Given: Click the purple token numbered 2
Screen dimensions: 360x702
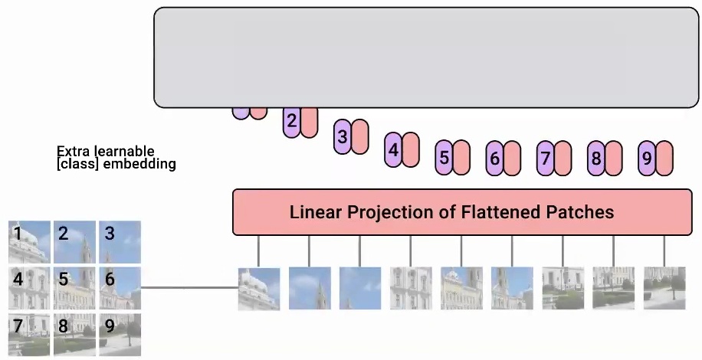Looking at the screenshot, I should [x=291, y=122].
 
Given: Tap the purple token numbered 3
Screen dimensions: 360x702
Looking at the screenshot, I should [x=342, y=137].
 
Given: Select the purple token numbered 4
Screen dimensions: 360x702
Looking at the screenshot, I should [x=393, y=149].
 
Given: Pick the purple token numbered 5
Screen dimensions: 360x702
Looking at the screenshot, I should [x=444, y=159].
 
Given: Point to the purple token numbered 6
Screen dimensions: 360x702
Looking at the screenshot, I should [x=494, y=159].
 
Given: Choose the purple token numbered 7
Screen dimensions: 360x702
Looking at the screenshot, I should [x=545, y=159].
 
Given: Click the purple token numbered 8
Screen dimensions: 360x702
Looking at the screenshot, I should [x=595, y=159].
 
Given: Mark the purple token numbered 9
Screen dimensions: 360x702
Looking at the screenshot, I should [x=646, y=159].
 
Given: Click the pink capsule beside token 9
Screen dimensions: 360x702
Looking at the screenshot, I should [x=664, y=159].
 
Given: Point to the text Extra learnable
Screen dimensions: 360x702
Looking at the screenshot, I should [x=106, y=152].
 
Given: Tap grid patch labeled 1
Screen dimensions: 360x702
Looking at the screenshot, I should [x=29, y=241].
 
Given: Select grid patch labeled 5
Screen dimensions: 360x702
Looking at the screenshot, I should [x=74, y=287].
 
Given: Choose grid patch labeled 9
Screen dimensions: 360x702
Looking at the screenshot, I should [x=120, y=334].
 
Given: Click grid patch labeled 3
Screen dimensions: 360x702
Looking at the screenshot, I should [x=120, y=241].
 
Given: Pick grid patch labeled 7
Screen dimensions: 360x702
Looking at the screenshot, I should [x=29, y=334].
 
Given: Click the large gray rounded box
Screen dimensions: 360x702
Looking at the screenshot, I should [x=427, y=57].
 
